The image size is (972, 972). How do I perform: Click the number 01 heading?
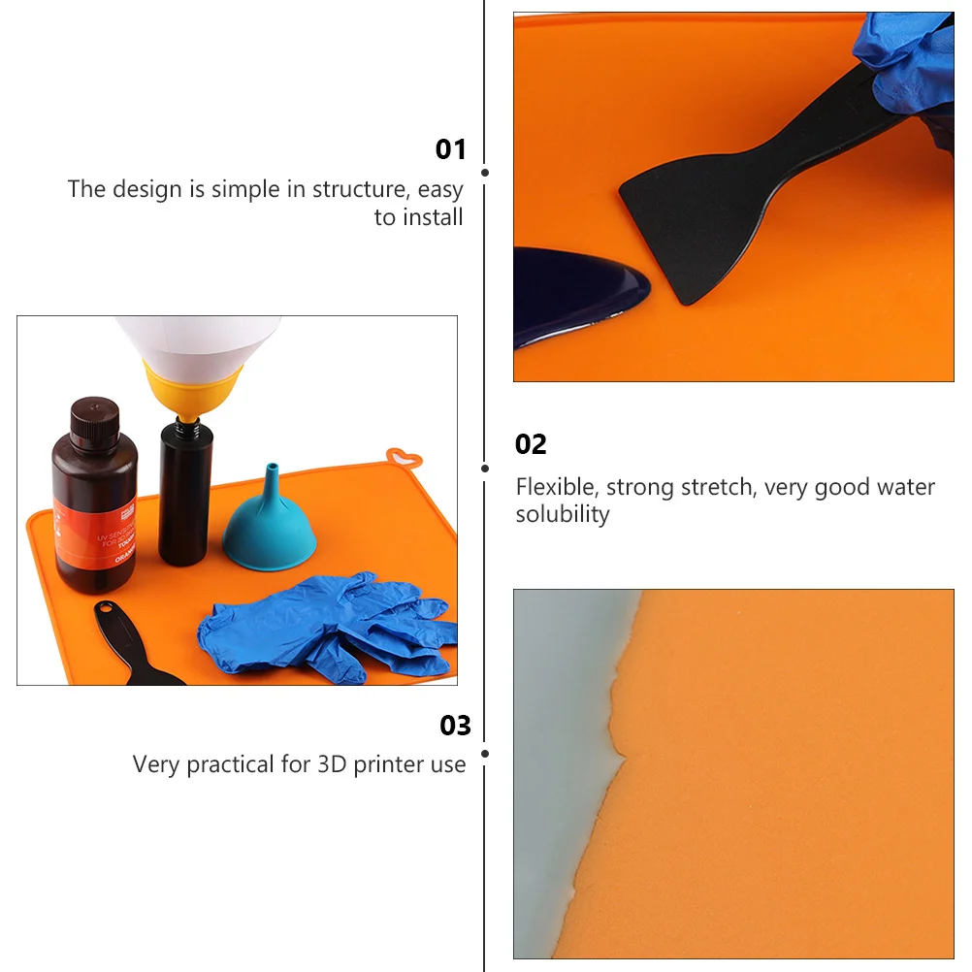tap(450, 149)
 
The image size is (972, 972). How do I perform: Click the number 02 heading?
tap(531, 444)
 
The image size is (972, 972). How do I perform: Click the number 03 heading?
tap(455, 726)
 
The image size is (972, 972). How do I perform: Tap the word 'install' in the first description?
tap(433, 217)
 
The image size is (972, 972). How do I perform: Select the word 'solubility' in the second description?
tap(563, 514)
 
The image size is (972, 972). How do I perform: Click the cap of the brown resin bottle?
tap(95, 413)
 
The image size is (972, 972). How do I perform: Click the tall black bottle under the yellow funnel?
tap(184, 495)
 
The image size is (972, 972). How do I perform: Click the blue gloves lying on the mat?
tap(320, 626)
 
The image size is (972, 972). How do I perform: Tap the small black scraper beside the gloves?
tap(126, 640)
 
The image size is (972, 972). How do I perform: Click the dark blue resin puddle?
tap(572, 291)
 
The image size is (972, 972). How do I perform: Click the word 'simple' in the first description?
tap(244, 189)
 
